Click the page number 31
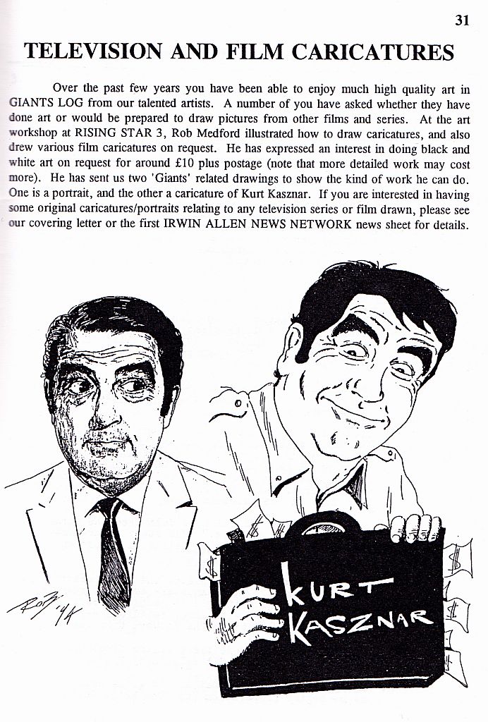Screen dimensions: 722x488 pos(462,20)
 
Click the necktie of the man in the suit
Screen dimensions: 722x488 pos(113,543)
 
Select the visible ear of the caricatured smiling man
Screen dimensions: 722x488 pos(295,345)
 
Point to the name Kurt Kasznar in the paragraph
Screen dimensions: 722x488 pos(310,192)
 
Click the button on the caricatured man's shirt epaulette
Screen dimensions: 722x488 pos(231,403)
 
